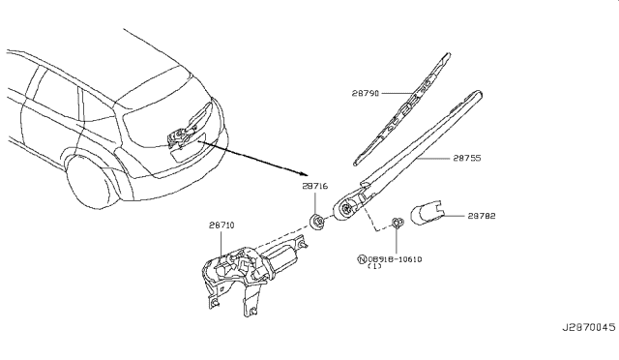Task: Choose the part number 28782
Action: (x=485, y=217)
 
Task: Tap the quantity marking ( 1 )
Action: (x=374, y=268)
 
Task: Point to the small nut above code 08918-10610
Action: (x=398, y=226)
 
